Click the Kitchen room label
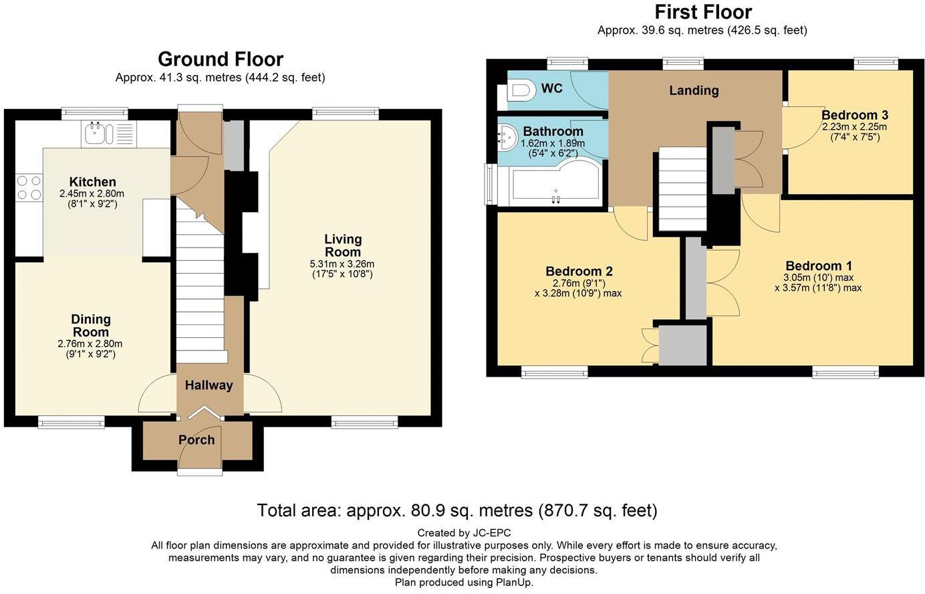tap(93, 182)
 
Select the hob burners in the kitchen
tap(29, 187)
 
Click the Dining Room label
tap(91, 326)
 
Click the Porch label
tap(196, 440)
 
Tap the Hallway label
tap(209, 385)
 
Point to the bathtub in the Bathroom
tap(551, 184)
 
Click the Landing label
tap(694, 90)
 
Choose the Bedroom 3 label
tap(854, 115)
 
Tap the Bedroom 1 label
tap(818, 266)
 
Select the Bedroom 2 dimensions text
tap(578, 288)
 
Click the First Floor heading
tap(702, 12)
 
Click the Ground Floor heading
tap(221, 60)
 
